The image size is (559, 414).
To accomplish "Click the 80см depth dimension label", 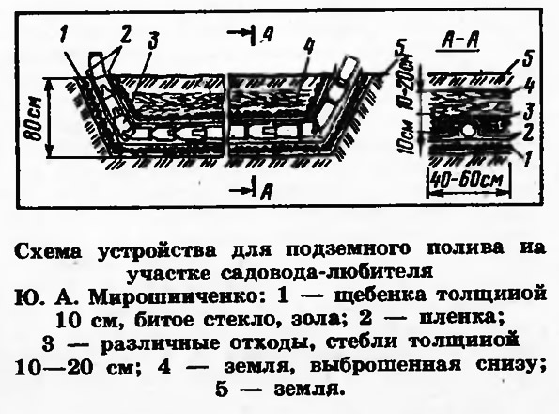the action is coord(34,118).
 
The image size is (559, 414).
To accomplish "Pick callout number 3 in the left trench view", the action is coord(152,40).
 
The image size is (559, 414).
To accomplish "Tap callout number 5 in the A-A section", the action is coord(526,60).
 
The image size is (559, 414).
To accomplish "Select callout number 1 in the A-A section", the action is coord(528,157).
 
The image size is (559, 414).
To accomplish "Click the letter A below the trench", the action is coord(266,193).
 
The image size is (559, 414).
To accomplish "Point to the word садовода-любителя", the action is coord(327,273).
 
